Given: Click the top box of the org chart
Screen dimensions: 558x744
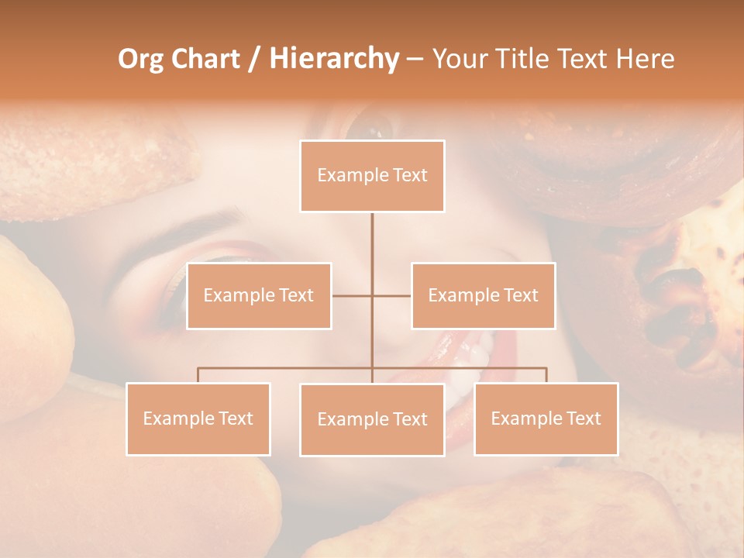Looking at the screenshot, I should point(372,176).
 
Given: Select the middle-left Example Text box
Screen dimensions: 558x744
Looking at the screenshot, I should point(259,295).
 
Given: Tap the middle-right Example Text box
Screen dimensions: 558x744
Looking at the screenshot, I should point(483,295).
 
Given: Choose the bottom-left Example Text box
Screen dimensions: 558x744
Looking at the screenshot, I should point(198,418).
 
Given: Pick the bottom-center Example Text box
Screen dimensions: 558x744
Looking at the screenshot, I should point(372,419).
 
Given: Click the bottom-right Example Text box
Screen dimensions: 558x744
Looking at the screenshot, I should point(546,418).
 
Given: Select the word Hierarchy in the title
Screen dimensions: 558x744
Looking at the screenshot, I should point(333,59).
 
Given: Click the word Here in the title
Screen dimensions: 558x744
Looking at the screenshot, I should point(645,59).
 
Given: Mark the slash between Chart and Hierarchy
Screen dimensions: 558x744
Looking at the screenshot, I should point(255,59).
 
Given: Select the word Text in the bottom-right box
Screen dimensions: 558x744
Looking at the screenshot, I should point(583,418).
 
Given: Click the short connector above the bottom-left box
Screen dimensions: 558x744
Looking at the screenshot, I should point(198,375).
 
